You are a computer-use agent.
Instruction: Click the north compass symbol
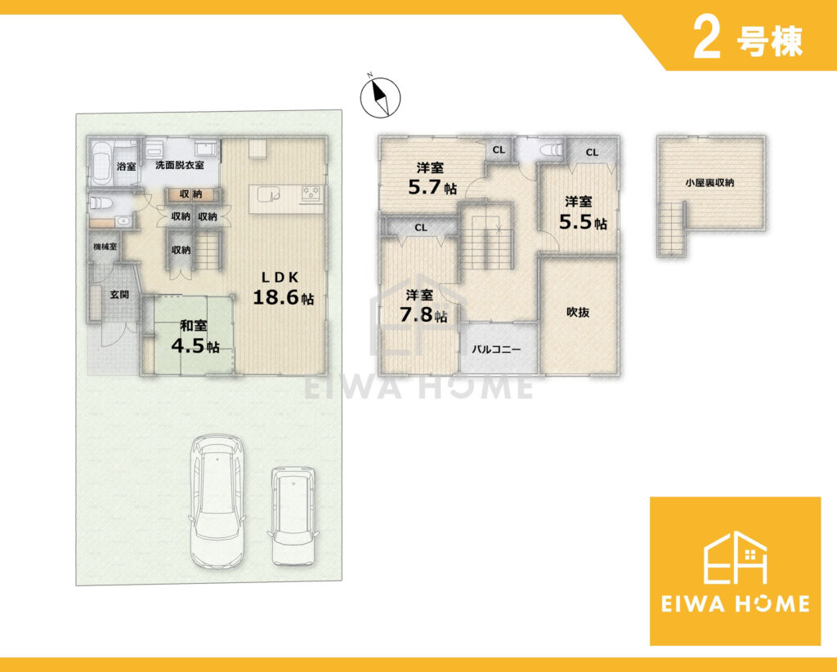pos(380,97)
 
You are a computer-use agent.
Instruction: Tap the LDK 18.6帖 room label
pos(283,288)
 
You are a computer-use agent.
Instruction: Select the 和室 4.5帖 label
pos(195,336)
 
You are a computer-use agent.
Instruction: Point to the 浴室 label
pos(126,167)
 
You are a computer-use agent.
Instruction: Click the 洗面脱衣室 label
pos(179,165)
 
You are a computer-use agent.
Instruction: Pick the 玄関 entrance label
pos(119,295)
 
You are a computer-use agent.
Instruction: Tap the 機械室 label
pos(105,247)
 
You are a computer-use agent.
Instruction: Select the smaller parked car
pos(293,516)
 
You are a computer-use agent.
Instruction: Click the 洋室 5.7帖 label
pos(432,178)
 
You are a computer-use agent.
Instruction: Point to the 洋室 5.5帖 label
pos(583,213)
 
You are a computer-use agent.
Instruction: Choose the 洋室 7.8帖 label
pos(423,306)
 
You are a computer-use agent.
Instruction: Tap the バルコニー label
pos(496,349)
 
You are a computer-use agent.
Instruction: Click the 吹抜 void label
pos(578,313)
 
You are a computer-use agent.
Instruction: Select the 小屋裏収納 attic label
pos(710,182)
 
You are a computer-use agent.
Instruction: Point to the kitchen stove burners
pos(311,193)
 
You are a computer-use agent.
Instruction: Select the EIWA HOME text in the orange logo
pos(735,603)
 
